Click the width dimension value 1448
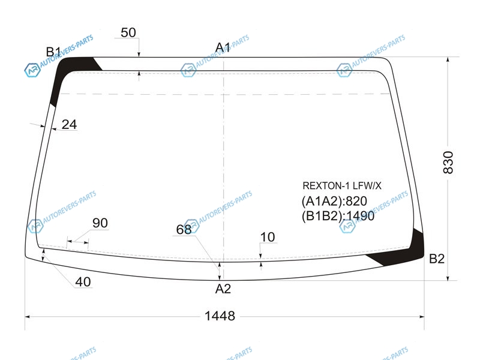pos(220,316)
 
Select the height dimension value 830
pos(448,162)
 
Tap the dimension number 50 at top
pos(128,32)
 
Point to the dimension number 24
pos(69,124)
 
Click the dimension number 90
pos(100,223)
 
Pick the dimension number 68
pos(184,229)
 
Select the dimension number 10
pos(268,237)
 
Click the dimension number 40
pos(83,282)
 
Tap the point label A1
pos(223,48)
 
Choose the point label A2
pos(223,289)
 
